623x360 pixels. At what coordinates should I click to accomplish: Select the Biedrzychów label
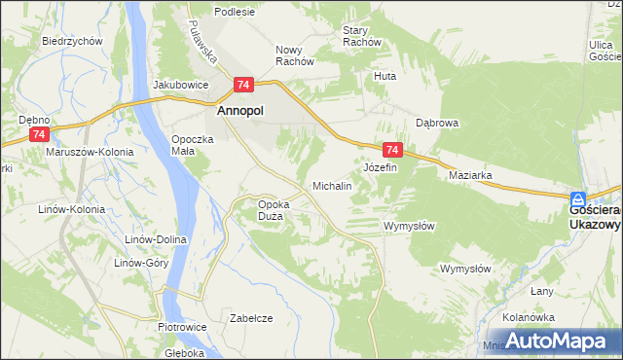73,41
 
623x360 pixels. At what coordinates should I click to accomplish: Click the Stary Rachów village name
361,36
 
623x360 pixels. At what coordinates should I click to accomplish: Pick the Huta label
385,75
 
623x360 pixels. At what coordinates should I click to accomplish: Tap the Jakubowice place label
181,84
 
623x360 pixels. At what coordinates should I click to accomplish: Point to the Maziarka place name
470,175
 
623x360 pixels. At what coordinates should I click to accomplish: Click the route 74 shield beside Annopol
243,86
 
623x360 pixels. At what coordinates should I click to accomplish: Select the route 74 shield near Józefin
392,150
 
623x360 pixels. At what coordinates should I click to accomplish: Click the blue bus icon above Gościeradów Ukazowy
578,197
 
